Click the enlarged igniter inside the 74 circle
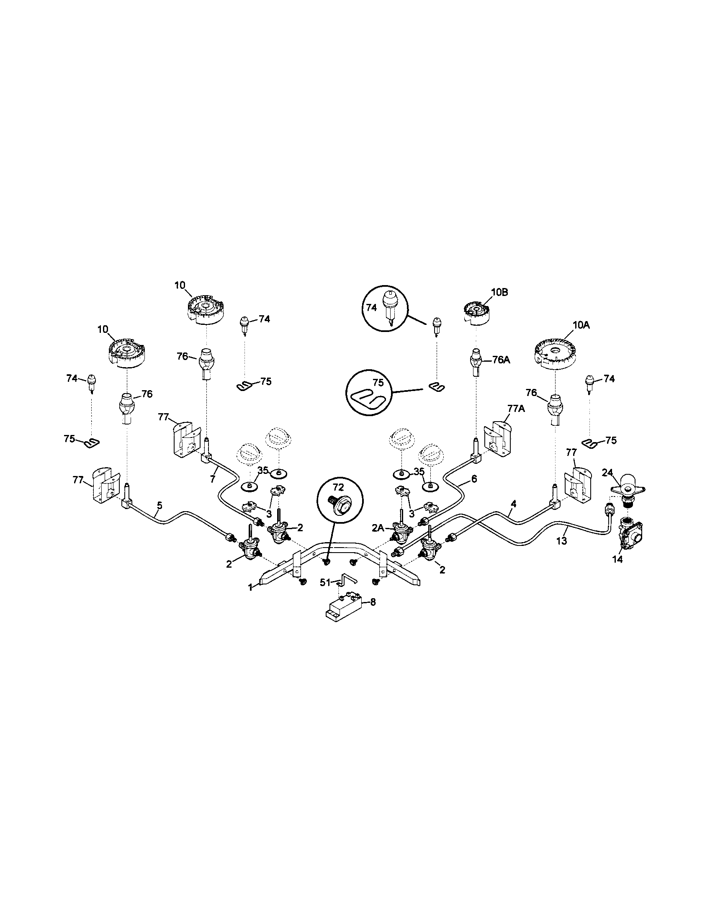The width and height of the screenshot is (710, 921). click(389, 306)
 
